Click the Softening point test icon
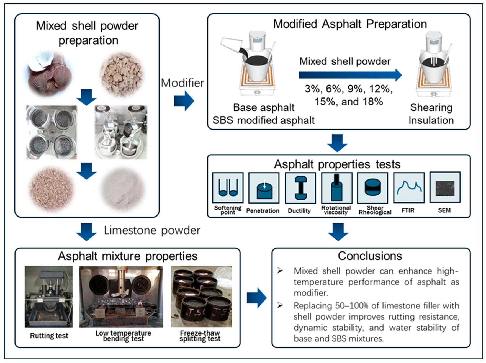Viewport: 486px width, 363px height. point(228,188)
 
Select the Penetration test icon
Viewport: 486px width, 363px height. point(264,188)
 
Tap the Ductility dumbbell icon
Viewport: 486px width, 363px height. point(300,188)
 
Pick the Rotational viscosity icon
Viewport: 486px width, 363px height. point(337,188)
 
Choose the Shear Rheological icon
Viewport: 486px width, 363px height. point(373,188)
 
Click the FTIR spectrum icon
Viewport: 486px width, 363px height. point(409,188)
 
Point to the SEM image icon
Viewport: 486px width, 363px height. point(445,187)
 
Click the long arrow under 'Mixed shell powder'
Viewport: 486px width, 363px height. point(350,75)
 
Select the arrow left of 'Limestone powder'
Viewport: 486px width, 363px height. point(86,231)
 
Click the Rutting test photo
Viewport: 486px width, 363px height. point(49,297)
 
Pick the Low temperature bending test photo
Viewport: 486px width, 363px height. point(121,297)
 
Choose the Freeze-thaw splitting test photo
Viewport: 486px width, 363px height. point(201,297)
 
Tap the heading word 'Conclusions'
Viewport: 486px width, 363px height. point(370,256)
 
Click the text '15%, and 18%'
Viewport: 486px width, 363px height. point(349,102)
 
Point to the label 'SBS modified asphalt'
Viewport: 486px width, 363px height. point(264,120)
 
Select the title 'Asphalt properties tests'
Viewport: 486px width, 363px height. point(337,164)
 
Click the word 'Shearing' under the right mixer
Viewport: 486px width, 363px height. point(431,108)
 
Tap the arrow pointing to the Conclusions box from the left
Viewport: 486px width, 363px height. point(256,298)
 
